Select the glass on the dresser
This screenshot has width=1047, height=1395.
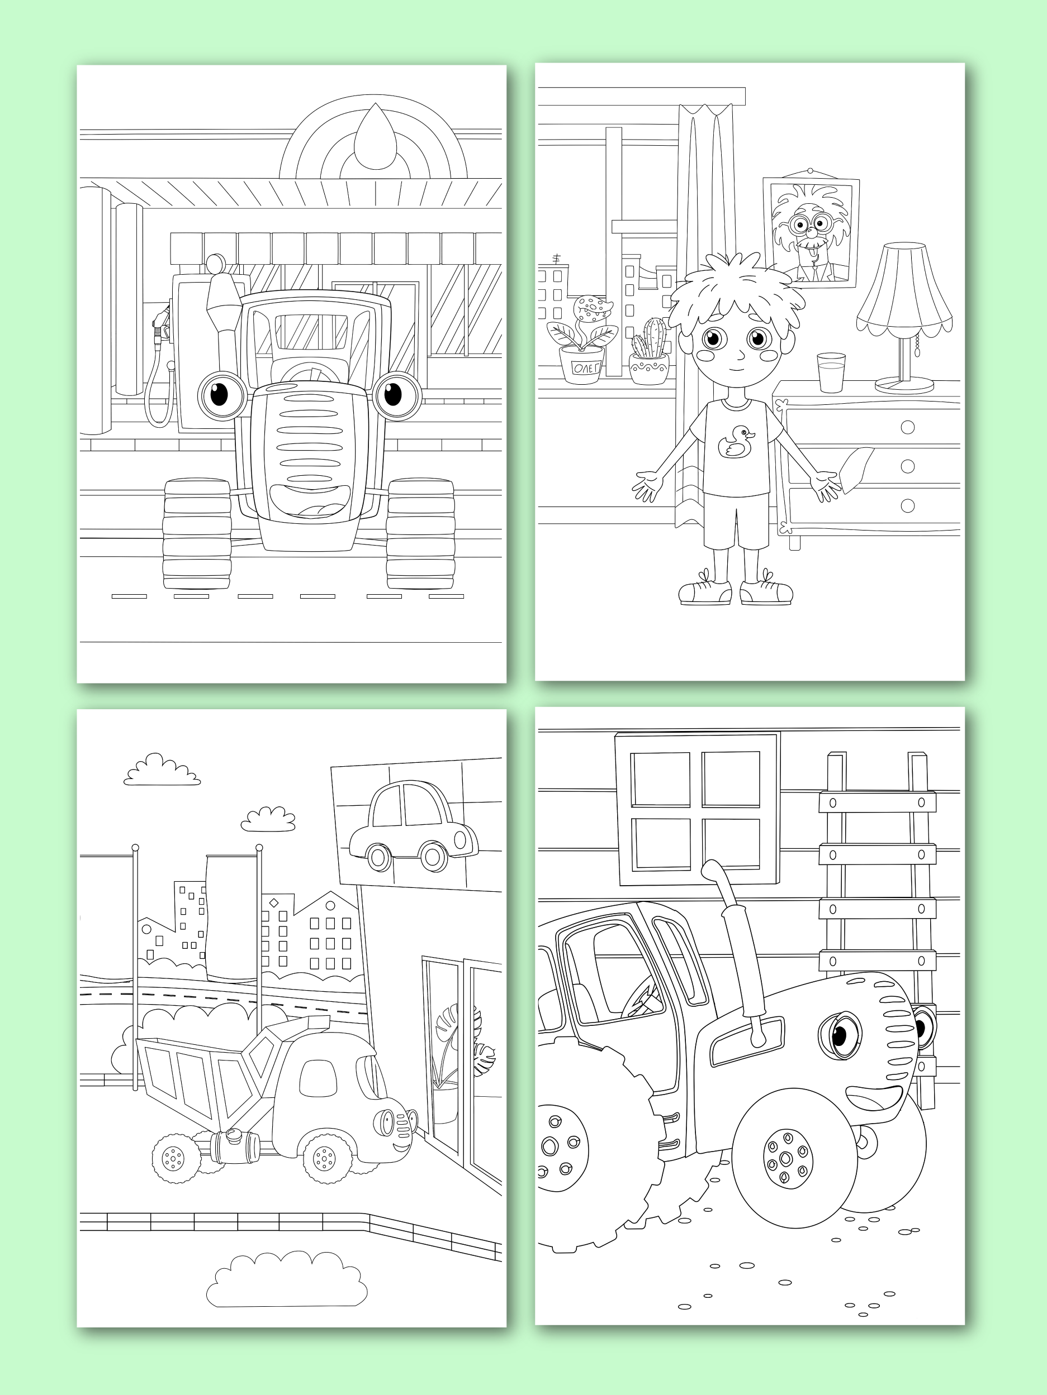(x=831, y=372)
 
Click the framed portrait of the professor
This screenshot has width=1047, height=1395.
(x=811, y=233)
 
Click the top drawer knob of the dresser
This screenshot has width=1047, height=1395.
(x=907, y=427)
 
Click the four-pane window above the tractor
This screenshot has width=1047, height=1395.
(x=698, y=809)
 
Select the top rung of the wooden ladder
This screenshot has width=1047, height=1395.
(x=877, y=802)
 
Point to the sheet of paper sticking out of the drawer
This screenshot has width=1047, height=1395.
(x=856, y=467)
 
